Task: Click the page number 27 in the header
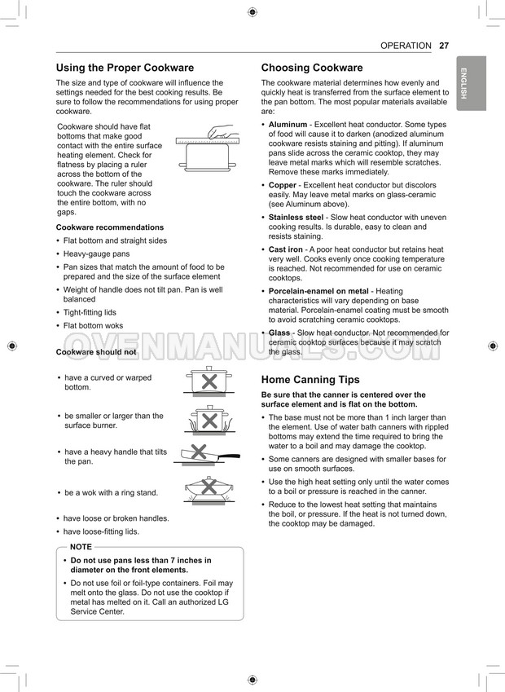(x=443, y=46)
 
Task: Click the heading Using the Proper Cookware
(x=125, y=68)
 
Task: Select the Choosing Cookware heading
(x=312, y=68)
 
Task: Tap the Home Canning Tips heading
(x=310, y=380)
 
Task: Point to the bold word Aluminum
(x=288, y=125)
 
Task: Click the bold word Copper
(x=283, y=185)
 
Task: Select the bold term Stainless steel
(x=296, y=218)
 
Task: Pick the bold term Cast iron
(x=287, y=249)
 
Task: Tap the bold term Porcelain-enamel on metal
(x=318, y=291)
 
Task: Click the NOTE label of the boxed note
(x=81, y=547)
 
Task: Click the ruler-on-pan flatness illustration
(x=209, y=147)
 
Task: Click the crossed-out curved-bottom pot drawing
(x=209, y=381)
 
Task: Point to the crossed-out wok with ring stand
(x=209, y=489)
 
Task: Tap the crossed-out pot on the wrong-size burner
(x=209, y=419)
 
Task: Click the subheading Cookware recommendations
(x=109, y=227)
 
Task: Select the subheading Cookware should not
(x=95, y=352)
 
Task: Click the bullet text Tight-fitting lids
(x=90, y=312)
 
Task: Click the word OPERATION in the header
(x=406, y=46)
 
